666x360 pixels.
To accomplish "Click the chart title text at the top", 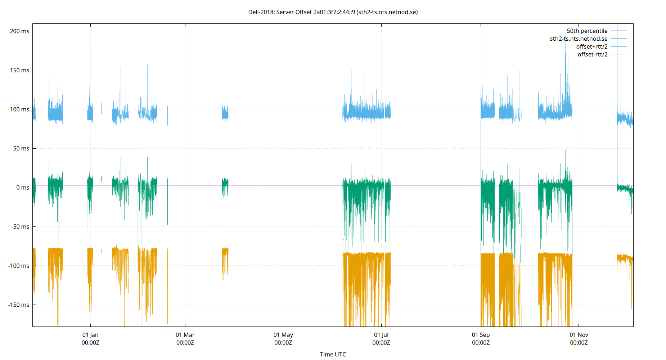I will pyautogui.click(x=333, y=12).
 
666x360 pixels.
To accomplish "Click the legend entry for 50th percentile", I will pyautogui.click(x=587, y=31).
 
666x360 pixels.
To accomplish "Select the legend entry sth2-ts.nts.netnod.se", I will pyautogui.click(x=579, y=39).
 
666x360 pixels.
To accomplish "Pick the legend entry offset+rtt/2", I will pyautogui.click(x=591, y=47).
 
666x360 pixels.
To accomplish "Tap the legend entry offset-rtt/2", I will pyautogui.click(x=592, y=54).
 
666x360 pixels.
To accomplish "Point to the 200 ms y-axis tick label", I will pyautogui.click(x=19, y=31).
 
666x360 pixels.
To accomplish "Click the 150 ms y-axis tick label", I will pyautogui.click(x=19, y=70).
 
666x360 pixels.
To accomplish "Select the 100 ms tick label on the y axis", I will pyautogui.click(x=19, y=109).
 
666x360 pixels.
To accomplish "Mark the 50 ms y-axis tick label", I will pyautogui.click(x=21, y=148).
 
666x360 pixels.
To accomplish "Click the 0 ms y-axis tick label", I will pyautogui.click(x=22, y=188).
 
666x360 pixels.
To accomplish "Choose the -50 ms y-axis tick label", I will pyautogui.click(x=20, y=227).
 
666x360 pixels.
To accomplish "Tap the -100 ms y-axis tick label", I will pyautogui.click(x=19, y=266).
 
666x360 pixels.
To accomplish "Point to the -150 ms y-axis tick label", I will pyautogui.click(x=19, y=305).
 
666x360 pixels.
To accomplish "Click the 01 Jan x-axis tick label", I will pyautogui.click(x=90, y=338).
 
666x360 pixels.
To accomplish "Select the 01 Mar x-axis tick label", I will pyautogui.click(x=185, y=338).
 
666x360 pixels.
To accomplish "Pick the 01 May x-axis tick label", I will pyautogui.click(x=283, y=338).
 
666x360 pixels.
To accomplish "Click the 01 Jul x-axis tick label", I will pyautogui.click(x=381, y=338).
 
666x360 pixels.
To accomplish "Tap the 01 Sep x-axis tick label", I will pyautogui.click(x=481, y=338).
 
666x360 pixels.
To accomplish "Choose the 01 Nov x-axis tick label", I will pyautogui.click(x=579, y=338).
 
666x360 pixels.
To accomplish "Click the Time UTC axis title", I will pyautogui.click(x=333, y=354).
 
